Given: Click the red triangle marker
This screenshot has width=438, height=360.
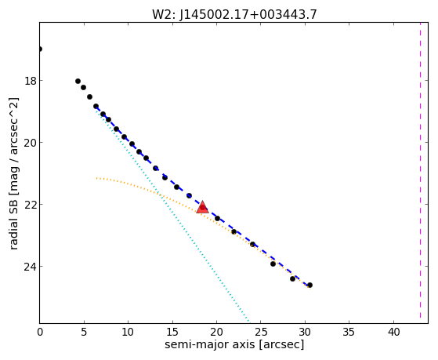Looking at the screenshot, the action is [x=202, y=207].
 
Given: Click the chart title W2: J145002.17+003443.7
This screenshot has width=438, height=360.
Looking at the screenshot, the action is [x=234, y=15].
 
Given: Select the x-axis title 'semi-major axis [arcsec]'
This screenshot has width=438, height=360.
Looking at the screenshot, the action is [x=234, y=344].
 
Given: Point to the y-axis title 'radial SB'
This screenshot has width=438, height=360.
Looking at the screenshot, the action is [x=13, y=219].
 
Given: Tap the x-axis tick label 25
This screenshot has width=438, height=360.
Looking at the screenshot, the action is [x=260, y=333].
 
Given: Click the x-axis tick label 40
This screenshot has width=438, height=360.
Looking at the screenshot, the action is [x=393, y=333].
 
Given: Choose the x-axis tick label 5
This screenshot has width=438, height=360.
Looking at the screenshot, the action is [x=84, y=333].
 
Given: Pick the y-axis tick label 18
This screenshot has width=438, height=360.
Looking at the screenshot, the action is [x=31, y=81].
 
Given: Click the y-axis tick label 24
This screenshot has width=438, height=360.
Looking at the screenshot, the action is [x=31, y=267].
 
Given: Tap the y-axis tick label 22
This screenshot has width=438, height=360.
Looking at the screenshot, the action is [x=31, y=205].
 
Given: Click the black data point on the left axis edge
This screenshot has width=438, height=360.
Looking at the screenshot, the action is [x=40, y=49].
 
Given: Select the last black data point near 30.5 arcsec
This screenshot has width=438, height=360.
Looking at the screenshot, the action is [x=309, y=285].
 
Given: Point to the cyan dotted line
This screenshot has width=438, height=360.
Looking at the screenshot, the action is [x=172, y=215].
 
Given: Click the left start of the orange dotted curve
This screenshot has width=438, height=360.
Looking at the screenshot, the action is [x=96, y=178].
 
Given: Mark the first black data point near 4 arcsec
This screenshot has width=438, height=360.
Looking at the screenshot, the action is [x=78, y=82].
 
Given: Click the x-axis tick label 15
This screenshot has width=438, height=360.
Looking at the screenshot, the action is [x=172, y=333].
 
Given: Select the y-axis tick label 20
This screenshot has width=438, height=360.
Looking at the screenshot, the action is [x=31, y=143].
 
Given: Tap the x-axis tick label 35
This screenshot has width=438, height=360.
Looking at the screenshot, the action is [x=349, y=333].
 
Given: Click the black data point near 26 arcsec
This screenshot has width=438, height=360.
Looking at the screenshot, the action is [x=273, y=264].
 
